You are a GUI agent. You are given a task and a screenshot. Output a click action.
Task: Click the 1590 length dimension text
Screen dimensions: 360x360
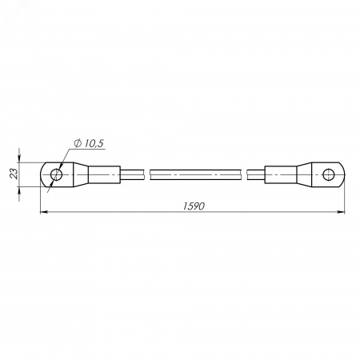[x=194, y=206]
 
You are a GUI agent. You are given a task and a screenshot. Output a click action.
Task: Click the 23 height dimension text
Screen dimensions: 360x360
[x=14, y=174]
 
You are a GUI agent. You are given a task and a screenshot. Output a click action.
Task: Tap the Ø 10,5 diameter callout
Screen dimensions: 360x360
[x=89, y=143]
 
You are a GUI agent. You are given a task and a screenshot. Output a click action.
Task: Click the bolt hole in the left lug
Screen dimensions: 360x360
[x=56, y=174]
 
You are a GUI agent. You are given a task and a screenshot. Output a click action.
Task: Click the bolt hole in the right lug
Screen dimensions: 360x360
[x=328, y=174]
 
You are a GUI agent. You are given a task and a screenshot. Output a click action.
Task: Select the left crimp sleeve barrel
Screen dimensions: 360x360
[x=104, y=174]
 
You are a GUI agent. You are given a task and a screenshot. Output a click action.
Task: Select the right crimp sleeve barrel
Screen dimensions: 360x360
[x=281, y=174]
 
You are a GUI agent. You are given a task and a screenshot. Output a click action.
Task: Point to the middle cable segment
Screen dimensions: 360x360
[x=196, y=174]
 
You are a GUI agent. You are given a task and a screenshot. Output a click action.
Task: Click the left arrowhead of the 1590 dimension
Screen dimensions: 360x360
[x=43, y=212]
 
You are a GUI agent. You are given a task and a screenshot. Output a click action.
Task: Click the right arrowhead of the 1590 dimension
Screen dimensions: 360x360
[x=341, y=212]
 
